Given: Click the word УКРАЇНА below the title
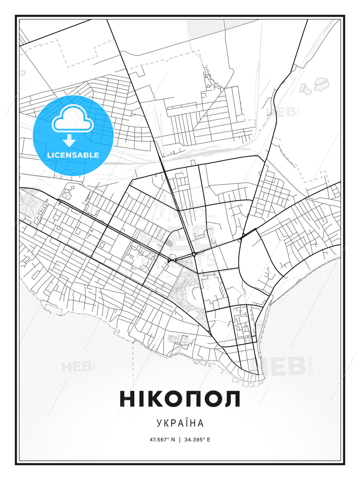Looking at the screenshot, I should coord(180,423).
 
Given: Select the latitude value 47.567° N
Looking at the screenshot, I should coord(162,440).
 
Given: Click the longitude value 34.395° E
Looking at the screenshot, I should coord(197,440).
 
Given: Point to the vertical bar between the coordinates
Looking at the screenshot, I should coord(180,440).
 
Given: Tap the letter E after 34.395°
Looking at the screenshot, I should coord(209,440).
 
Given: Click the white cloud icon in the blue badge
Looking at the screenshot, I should coord(72,119).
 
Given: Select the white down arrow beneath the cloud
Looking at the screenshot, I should coord(69,140).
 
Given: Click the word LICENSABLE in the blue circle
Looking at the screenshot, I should coord(73,155).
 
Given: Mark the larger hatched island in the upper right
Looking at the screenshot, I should coord(321,84).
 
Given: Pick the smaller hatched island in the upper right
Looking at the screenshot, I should coord(305,89).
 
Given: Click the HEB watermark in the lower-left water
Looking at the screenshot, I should coord(76,367).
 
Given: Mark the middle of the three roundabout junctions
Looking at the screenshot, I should coord(194,255).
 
